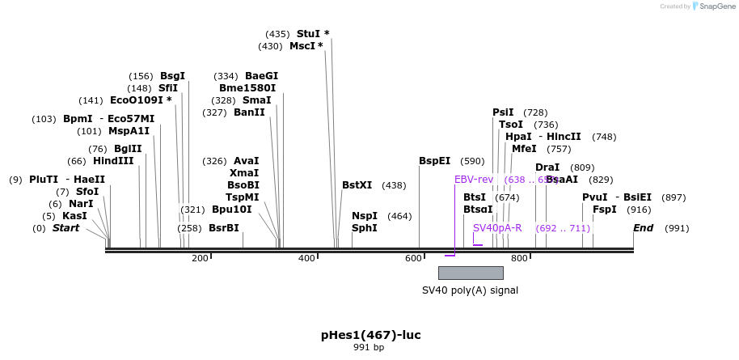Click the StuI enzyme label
(x=308, y=34)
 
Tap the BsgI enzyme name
(x=172, y=76)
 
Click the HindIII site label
(x=113, y=161)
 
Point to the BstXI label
(x=357, y=185)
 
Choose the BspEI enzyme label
(x=434, y=161)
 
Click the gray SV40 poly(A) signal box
(x=471, y=273)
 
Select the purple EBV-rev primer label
(x=474, y=180)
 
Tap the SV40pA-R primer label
(x=497, y=228)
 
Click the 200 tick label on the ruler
(x=200, y=258)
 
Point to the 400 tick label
(x=306, y=258)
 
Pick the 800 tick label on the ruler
(x=519, y=258)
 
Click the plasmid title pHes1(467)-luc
(x=370, y=335)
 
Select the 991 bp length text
(x=369, y=348)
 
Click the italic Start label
(x=66, y=228)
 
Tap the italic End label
(x=643, y=228)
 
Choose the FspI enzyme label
(x=604, y=210)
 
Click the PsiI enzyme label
(x=503, y=112)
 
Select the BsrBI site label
(x=224, y=228)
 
